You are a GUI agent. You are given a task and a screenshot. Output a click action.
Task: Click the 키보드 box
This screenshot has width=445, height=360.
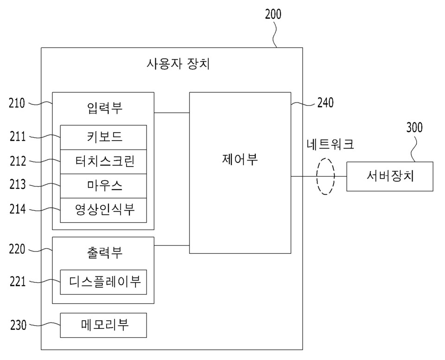click(x=103, y=137)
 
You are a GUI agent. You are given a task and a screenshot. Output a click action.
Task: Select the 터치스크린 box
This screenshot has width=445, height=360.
click(x=103, y=161)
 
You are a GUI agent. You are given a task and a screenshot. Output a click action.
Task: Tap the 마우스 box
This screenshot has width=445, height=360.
click(x=103, y=186)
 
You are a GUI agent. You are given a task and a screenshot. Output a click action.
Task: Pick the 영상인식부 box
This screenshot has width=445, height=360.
click(x=103, y=210)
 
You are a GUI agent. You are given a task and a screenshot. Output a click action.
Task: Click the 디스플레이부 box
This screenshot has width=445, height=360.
click(x=103, y=282)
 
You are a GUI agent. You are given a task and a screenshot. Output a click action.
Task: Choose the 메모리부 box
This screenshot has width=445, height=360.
click(x=103, y=325)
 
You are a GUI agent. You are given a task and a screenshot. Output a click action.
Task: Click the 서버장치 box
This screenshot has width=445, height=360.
click(x=389, y=176)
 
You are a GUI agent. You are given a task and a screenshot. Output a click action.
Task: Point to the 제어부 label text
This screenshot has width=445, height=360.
click(x=240, y=159)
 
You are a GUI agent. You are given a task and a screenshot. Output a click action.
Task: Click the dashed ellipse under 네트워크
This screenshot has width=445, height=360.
click(x=325, y=176)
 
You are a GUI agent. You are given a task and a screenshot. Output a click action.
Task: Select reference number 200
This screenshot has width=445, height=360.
click(x=273, y=14)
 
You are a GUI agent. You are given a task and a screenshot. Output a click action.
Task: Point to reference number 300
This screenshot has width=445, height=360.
click(x=414, y=128)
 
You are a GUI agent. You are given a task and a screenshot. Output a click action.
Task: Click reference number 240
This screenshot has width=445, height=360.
click(x=325, y=102)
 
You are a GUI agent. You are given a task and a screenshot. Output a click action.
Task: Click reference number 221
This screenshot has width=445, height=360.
click(x=18, y=281)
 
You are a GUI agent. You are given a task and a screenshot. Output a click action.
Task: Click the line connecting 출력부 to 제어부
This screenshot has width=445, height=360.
click(x=172, y=245)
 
